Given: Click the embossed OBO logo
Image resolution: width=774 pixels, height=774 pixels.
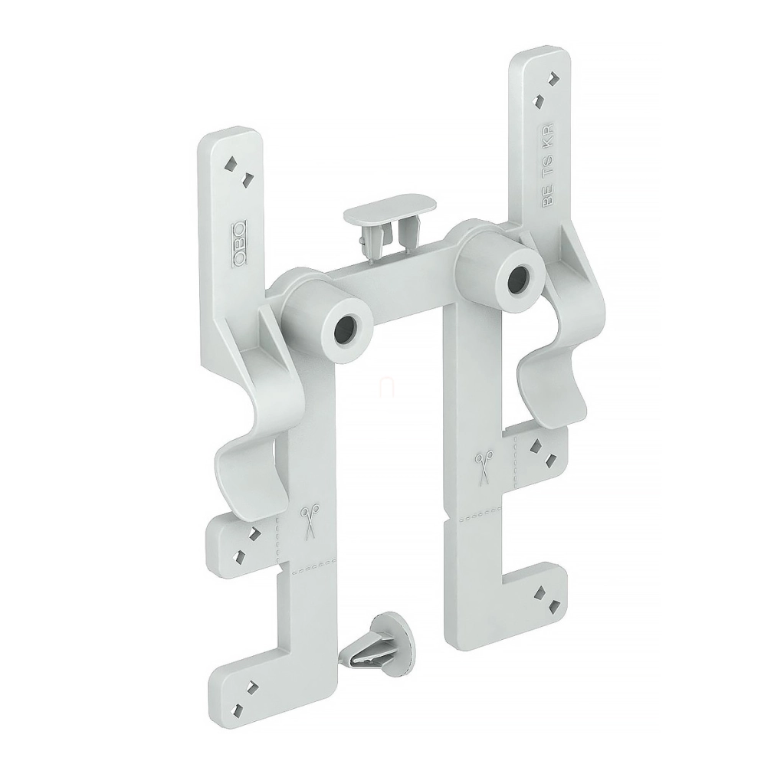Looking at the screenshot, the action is (239, 244).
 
